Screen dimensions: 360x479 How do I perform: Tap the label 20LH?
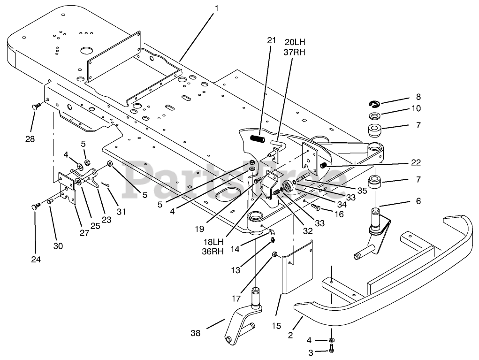(295, 42)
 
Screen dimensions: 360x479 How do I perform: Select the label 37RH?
(295, 52)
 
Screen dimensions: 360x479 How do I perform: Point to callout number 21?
(270, 41)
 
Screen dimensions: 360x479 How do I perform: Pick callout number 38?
(195, 333)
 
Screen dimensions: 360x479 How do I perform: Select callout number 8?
(418, 97)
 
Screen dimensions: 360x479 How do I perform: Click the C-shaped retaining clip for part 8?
(373, 103)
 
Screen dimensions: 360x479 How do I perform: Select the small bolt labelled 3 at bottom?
(332, 350)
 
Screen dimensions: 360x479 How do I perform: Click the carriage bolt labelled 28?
(36, 107)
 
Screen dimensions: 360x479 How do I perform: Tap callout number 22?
(415, 163)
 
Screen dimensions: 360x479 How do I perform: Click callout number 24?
(35, 260)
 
